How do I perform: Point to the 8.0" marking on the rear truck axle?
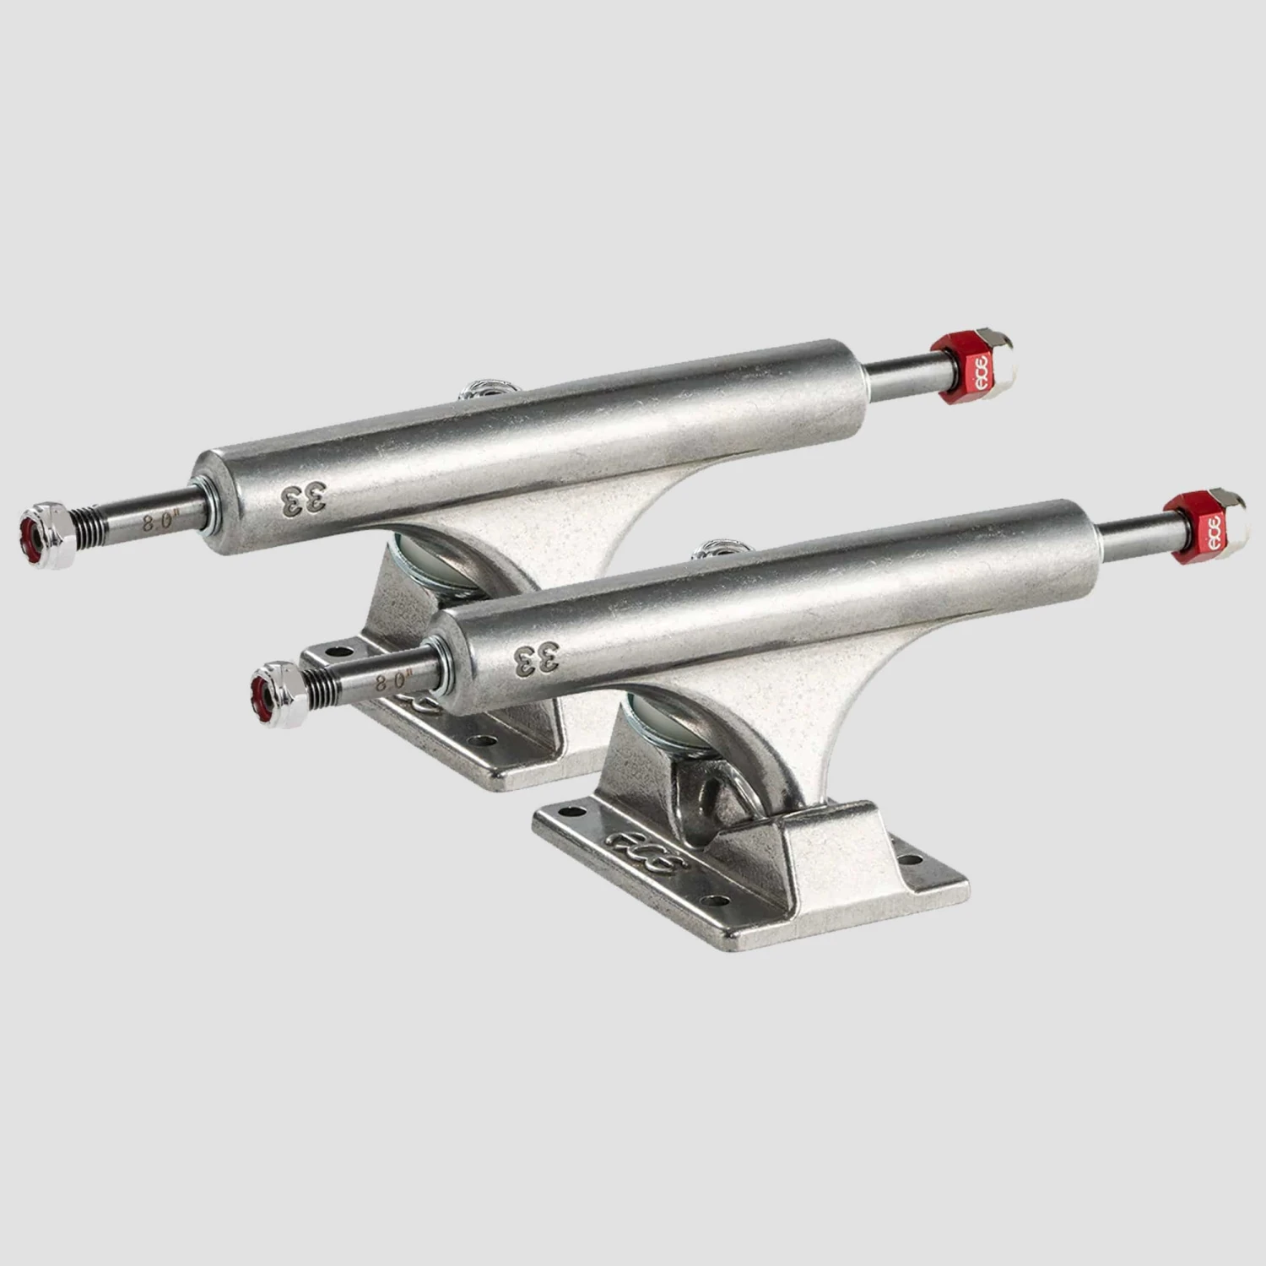[x=158, y=521]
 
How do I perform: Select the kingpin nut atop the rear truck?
[x=484, y=390]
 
